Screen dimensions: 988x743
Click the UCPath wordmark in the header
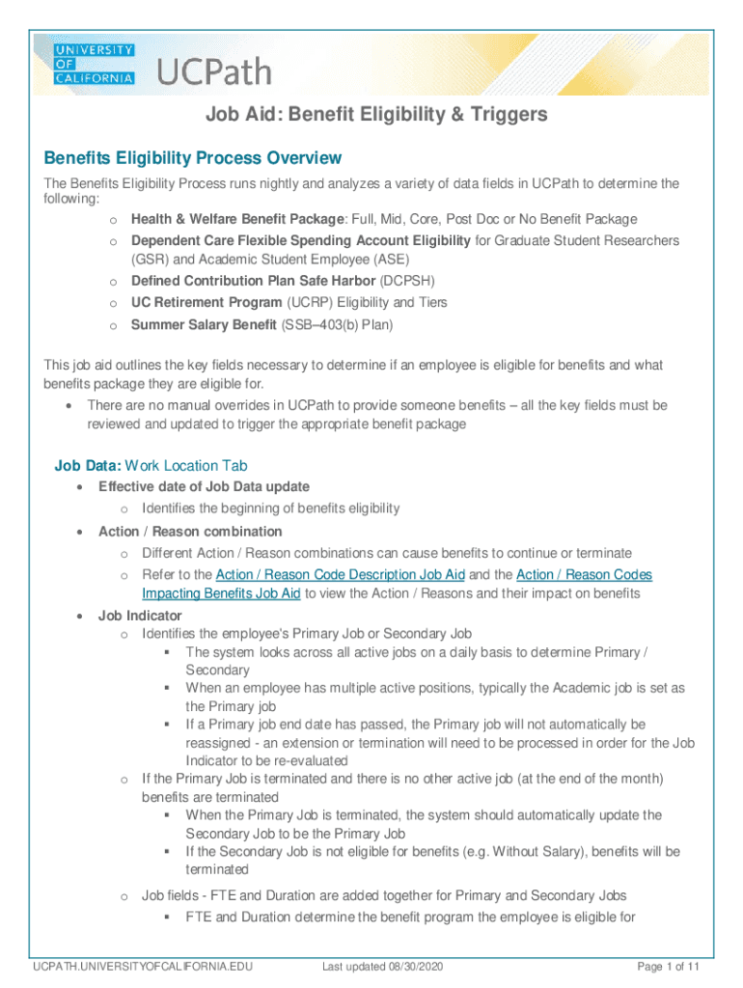pyautogui.click(x=214, y=72)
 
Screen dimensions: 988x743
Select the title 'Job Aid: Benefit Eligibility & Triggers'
pyautogui.click(x=376, y=115)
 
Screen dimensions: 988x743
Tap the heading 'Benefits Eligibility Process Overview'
pyautogui.click(x=188, y=158)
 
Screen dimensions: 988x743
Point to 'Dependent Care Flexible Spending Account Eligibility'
pyautogui.click(x=301, y=240)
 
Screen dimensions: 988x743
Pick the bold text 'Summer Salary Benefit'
pyautogui.click(x=204, y=324)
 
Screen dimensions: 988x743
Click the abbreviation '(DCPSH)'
pyautogui.click(x=406, y=282)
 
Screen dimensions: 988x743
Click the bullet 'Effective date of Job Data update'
pyautogui.click(x=204, y=486)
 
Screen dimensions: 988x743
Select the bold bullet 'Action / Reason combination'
pyautogui.click(x=190, y=532)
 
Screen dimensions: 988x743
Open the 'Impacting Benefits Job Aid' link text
pyautogui.click(x=222, y=594)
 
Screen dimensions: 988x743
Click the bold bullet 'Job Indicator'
pyautogui.click(x=140, y=616)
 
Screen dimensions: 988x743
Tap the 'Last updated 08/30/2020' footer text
pyautogui.click(x=382, y=967)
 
